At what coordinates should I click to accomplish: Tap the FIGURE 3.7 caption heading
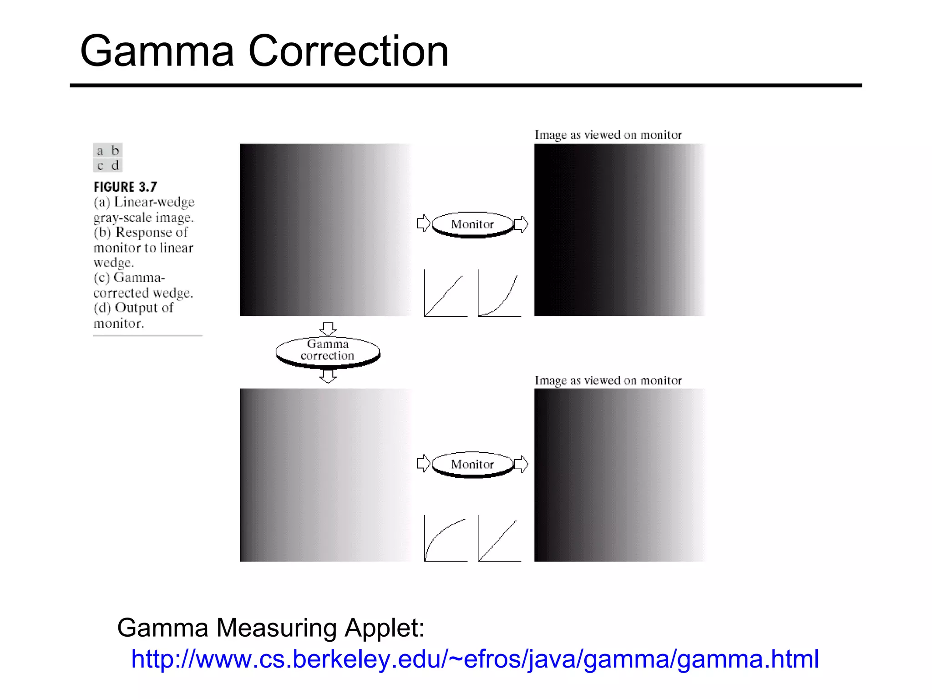[x=125, y=187]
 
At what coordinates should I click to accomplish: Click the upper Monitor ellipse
[x=472, y=224]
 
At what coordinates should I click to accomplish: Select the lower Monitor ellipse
[x=472, y=464]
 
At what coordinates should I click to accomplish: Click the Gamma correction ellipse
[x=328, y=351]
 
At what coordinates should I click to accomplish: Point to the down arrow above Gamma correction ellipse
[x=328, y=329]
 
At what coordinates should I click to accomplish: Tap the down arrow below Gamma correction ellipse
[x=328, y=376]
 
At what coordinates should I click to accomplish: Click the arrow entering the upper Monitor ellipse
[x=423, y=223]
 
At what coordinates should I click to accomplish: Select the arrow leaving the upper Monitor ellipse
[x=522, y=224]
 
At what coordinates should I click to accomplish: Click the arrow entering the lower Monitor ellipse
[x=423, y=463]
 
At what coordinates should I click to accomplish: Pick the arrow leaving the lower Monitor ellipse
[x=522, y=464]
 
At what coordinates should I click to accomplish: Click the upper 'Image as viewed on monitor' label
[x=608, y=135]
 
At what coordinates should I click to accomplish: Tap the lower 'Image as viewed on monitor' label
[x=608, y=380]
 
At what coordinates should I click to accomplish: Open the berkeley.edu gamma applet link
[x=475, y=658]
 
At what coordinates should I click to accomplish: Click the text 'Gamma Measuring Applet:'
[x=271, y=628]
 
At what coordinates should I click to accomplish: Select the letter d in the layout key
[x=115, y=165]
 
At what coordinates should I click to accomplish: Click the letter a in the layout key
[x=100, y=151]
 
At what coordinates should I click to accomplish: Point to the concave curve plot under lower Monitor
[x=446, y=539]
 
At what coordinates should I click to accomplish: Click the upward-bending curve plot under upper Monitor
[x=499, y=294]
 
